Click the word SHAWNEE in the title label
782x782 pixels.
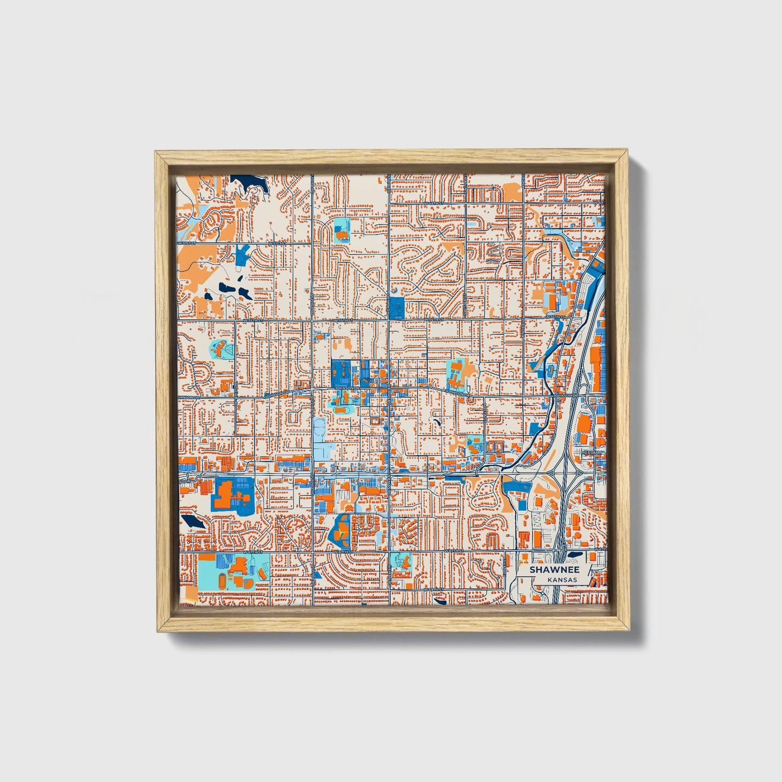point(555,570)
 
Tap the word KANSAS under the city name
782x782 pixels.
point(561,580)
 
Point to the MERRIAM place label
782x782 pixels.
point(591,452)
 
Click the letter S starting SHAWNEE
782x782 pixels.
point(533,570)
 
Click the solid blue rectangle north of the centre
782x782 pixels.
point(397,307)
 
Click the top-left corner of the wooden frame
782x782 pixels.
point(156,152)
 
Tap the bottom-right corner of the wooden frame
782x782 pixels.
point(630,632)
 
